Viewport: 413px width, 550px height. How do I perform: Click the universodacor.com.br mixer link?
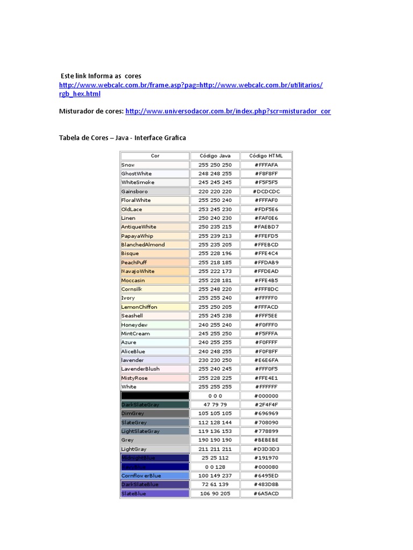(228, 111)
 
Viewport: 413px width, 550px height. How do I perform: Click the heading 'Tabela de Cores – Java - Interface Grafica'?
(122, 138)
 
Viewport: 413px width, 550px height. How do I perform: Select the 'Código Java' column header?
(215, 156)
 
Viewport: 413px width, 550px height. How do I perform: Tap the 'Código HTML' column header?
(266, 156)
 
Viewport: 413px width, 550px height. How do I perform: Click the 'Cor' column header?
(155, 156)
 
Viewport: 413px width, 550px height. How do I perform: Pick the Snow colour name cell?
(155, 165)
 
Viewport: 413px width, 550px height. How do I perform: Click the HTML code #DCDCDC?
(266, 191)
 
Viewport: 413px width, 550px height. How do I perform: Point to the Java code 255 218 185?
(215, 262)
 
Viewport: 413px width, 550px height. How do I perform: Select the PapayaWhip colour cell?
(155, 236)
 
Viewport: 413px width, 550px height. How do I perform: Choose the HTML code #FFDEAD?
(266, 271)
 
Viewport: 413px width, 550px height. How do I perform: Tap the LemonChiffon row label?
(155, 307)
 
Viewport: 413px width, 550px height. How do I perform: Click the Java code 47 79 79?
(215, 404)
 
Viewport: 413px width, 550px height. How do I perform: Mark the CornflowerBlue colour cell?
(155, 475)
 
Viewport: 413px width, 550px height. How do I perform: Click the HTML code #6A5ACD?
(266, 493)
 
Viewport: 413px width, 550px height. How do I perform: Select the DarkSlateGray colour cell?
(155, 404)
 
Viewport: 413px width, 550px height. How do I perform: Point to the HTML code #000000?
(266, 396)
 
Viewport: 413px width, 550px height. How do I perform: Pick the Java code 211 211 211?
(215, 449)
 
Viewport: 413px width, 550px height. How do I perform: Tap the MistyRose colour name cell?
(155, 378)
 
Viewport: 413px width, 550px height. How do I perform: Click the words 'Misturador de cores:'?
(91, 111)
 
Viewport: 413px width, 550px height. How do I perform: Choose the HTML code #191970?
(266, 458)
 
